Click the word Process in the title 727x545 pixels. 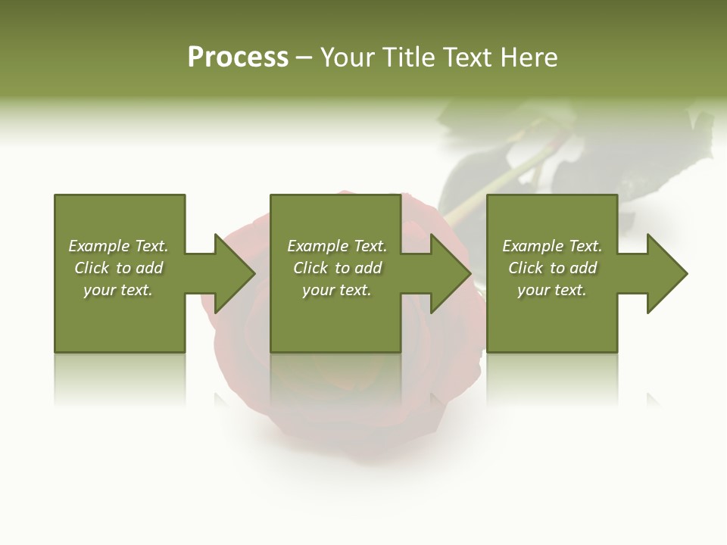coord(238,58)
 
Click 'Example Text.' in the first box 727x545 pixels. coord(118,246)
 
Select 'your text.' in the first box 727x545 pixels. coord(118,290)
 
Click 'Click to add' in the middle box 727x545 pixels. coord(337,268)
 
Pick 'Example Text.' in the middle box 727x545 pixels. coord(337,246)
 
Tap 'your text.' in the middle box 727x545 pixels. coord(337,290)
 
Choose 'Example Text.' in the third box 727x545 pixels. coord(552,246)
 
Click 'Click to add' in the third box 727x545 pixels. coord(552,268)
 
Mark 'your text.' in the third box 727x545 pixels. coord(552,290)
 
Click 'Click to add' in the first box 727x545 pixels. coord(118,268)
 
